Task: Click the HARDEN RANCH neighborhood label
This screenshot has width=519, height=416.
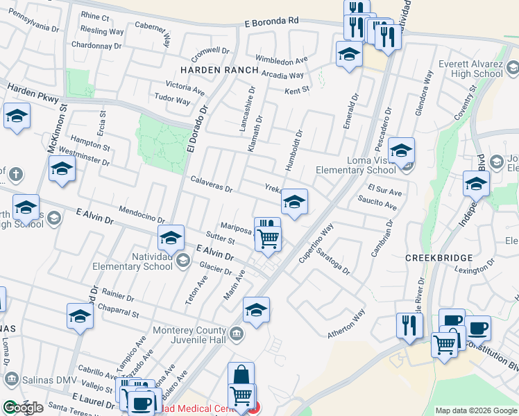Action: pyautogui.click(x=219, y=71)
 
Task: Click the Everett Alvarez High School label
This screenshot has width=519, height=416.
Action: pyautogui.click(x=471, y=69)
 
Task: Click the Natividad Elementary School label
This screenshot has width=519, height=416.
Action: pyautogui.click(x=153, y=261)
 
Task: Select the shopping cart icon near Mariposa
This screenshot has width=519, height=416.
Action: pyautogui.click(x=268, y=239)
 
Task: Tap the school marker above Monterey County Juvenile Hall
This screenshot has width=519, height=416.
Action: pyautogui.click(x=255, y=310)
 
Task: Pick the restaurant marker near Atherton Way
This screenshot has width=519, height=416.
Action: pyautogui.click(x=409, y=326)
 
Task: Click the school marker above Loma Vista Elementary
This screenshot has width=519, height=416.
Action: pyautogui.click(x=401, y=150)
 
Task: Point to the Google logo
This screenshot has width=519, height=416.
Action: pyautogui.click(x=23, y=408)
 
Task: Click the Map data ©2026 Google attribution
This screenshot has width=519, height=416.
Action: pyautogui.click(x=475, y=410)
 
